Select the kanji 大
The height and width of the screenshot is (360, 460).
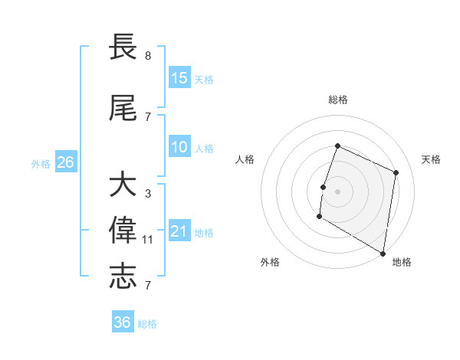[123, 185]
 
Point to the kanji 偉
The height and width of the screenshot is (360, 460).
[123, 231]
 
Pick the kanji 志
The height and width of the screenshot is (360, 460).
[123, 277]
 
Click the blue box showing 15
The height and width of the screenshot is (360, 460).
[179, 78]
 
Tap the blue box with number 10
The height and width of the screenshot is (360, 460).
[179, 148]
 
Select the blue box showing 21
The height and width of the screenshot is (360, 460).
[179, 232]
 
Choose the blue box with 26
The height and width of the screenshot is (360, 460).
[66, 162]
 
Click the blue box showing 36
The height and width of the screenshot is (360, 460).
[123, 322]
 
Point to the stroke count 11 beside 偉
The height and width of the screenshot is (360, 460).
[148, 240]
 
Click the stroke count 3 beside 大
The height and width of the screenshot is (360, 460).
[148, 194]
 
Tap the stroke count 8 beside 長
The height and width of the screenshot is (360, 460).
[148, 56]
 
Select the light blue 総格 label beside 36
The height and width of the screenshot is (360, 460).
[147, 324]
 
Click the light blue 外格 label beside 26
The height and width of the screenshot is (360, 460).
[41, 163]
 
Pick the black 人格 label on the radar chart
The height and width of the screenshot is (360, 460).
[245, 159]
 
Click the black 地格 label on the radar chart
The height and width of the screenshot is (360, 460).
[402, 262]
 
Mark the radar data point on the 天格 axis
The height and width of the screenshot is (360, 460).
[396, 172]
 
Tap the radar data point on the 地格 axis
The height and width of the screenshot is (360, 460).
[383, 254]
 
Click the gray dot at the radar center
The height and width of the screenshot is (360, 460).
[337, 191]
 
